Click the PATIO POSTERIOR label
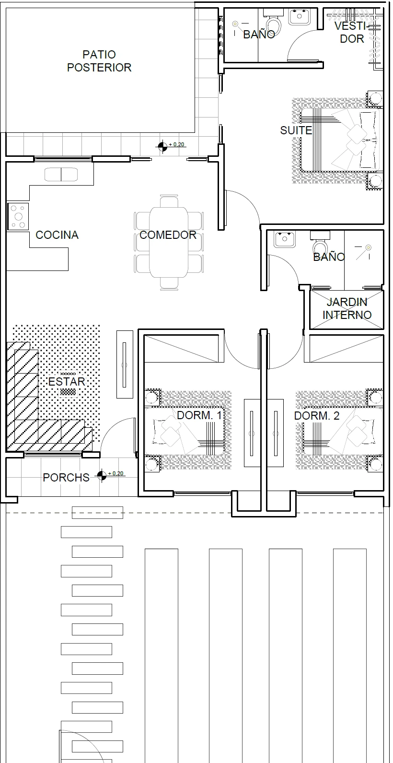(x=99, y=61)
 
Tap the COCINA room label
(x=57, y=235)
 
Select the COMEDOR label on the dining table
(x=168, y=235)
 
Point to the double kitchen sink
(x=61, y=175)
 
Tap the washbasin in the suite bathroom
(x=300, y=17)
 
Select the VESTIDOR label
(x=352, y=32)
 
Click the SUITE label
(x=296, y=130)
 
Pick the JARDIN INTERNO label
(x=347, y=309)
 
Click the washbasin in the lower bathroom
(x=284, y=239)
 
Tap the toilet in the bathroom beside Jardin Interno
(x=320, y=244)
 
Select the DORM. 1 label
(x=199, y=416)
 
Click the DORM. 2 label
(x=317, y=416)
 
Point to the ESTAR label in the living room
(x=67, y=382)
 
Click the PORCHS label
(x=66, y=478)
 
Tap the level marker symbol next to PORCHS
(x=102, y=475)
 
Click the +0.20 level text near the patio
(x=176, y=144)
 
